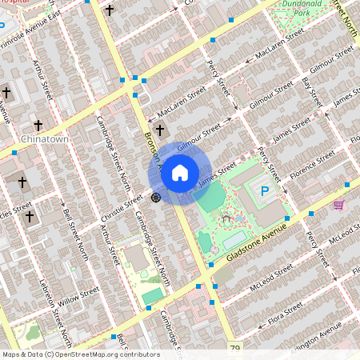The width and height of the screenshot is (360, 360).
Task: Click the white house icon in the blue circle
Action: [x=180, y=172]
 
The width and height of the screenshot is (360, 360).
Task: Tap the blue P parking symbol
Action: [x=266, y=191]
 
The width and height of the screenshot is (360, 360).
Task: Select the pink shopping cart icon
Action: [x=338, y=204]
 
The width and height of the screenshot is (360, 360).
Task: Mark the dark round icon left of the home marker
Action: [x=156, y=196]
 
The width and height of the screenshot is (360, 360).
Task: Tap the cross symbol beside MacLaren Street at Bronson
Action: [x=160, y=130]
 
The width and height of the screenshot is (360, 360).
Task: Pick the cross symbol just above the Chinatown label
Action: [x=38, y=126]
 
